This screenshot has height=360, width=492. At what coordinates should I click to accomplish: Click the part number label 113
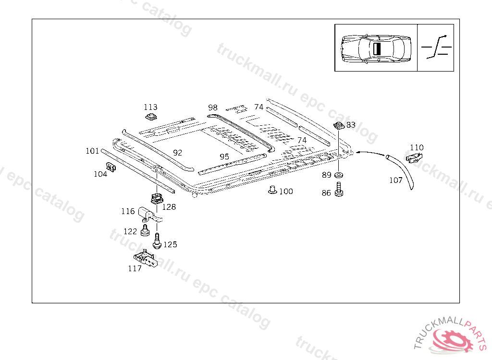150,107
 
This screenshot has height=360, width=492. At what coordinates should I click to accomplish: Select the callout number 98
213,107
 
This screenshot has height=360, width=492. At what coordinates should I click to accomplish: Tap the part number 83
351,125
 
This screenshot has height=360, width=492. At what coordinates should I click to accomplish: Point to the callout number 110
417,147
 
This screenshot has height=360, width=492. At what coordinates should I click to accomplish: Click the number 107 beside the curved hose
395,180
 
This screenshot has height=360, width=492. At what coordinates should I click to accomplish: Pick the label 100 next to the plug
286,192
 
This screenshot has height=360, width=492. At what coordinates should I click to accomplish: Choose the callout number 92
178,153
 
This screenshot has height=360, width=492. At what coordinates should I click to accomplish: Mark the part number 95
224,157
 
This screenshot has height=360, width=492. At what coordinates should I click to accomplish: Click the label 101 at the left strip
92,151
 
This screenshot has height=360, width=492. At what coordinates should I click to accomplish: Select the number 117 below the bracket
135,268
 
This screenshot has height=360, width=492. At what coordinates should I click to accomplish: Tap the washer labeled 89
339,175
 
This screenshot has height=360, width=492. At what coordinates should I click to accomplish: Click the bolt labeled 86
339,189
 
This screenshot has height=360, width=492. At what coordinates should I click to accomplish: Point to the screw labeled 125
157,240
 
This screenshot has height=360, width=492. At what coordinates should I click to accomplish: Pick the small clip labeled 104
111,167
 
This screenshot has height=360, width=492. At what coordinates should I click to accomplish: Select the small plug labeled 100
272,190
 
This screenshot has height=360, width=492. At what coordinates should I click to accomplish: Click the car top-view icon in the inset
376,48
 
